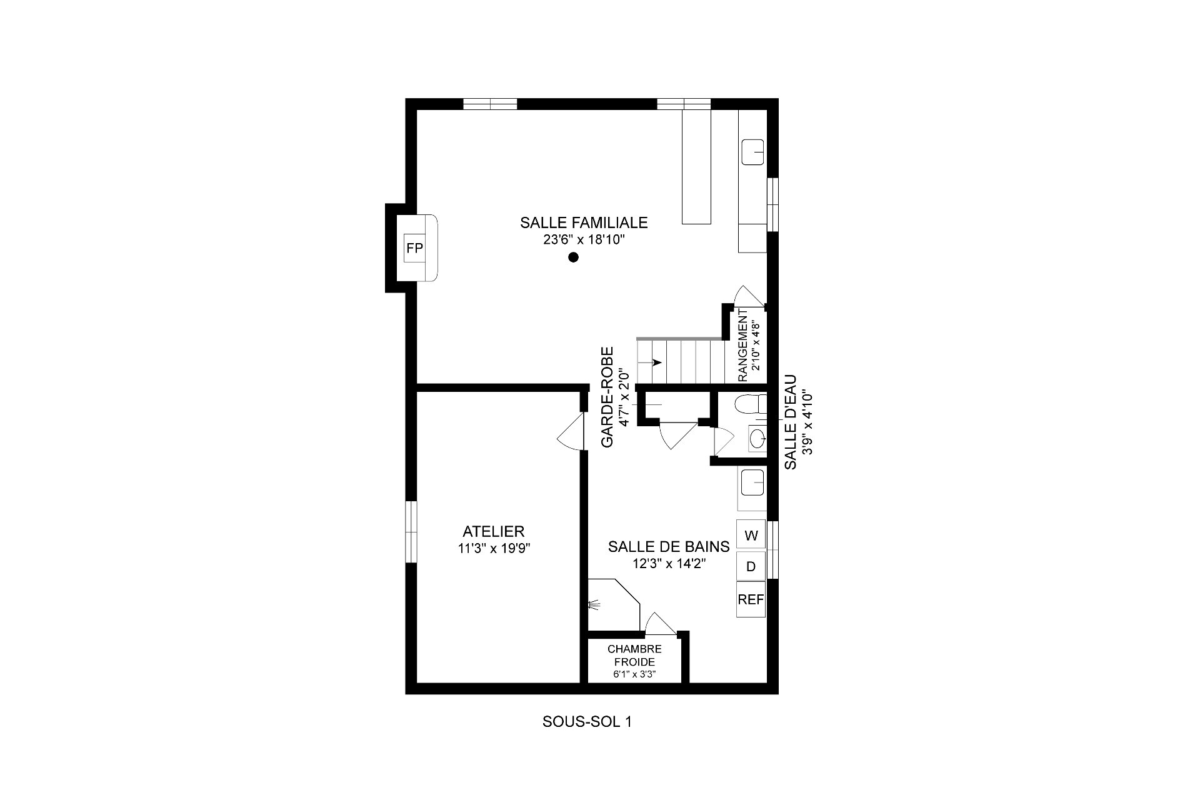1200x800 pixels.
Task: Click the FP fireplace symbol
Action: click(x=414, y=248)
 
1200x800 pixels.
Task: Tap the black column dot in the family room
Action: click(x=573, y=257)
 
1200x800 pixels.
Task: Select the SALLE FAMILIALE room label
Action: click(x=584, y=222)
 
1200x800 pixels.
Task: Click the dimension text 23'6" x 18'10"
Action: click(x=584, y=240)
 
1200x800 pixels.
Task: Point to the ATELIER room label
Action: click(x=493, y=532)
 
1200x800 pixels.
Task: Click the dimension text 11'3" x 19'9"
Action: click(x=493, y=549)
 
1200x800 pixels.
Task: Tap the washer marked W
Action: click(x=751, y=535)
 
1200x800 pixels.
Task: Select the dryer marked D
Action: click(x=751, y=566)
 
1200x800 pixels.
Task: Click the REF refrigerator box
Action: click(x=751, y=599)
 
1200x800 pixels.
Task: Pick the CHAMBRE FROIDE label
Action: click(x=634, y=656)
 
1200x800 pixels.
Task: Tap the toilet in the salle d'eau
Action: click(x=750, y=405)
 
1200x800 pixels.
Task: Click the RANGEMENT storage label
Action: click(x=743, y=346)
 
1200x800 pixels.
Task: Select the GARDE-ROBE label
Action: click(x=607, y=397)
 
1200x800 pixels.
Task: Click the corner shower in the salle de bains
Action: click(x=614, y=604)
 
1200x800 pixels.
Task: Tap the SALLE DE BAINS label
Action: click(x=669, y=547)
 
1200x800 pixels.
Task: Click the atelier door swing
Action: click(x=571, y=433)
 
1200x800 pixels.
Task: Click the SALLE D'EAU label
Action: click(x=791, y=422)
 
